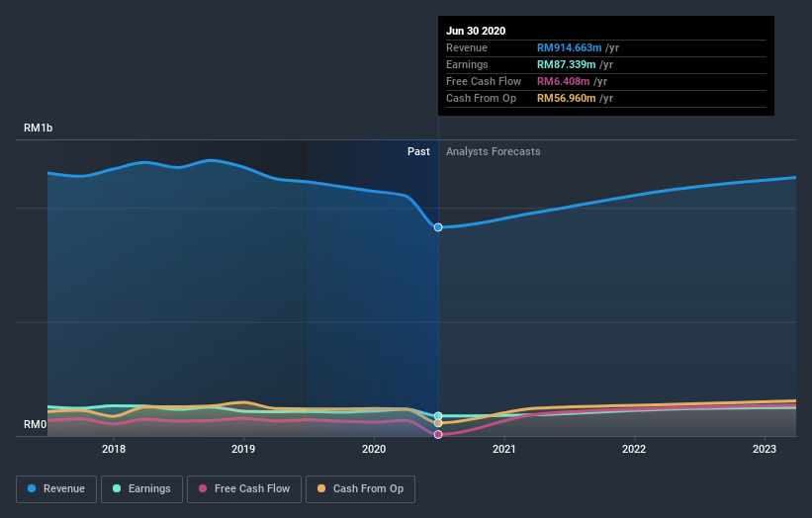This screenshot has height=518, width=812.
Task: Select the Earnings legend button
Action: click(140, 488)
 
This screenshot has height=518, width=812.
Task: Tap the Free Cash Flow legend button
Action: click(243, 488)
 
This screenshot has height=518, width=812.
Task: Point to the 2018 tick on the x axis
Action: click(114, 449)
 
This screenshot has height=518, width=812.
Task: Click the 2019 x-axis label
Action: click(243, 449)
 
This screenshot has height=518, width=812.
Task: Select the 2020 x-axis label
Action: click(374, 449)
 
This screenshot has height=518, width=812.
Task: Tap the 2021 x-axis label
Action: click(503, 449)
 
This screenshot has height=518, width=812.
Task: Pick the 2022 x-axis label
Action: click(634, 449)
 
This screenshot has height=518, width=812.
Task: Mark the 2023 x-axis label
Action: click(765, 449)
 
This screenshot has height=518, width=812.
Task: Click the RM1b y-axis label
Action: click(40, 129)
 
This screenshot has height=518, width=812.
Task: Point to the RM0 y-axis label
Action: click(36, 425)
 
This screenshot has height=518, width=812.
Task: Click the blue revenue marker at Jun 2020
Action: click(438, 227)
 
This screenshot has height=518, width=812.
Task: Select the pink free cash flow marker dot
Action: click(438, 434)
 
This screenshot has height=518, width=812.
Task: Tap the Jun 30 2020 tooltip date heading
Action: click(476, 31)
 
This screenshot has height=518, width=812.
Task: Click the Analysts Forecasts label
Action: click(493, 151)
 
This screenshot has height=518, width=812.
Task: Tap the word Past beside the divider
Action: click(418, 151)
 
